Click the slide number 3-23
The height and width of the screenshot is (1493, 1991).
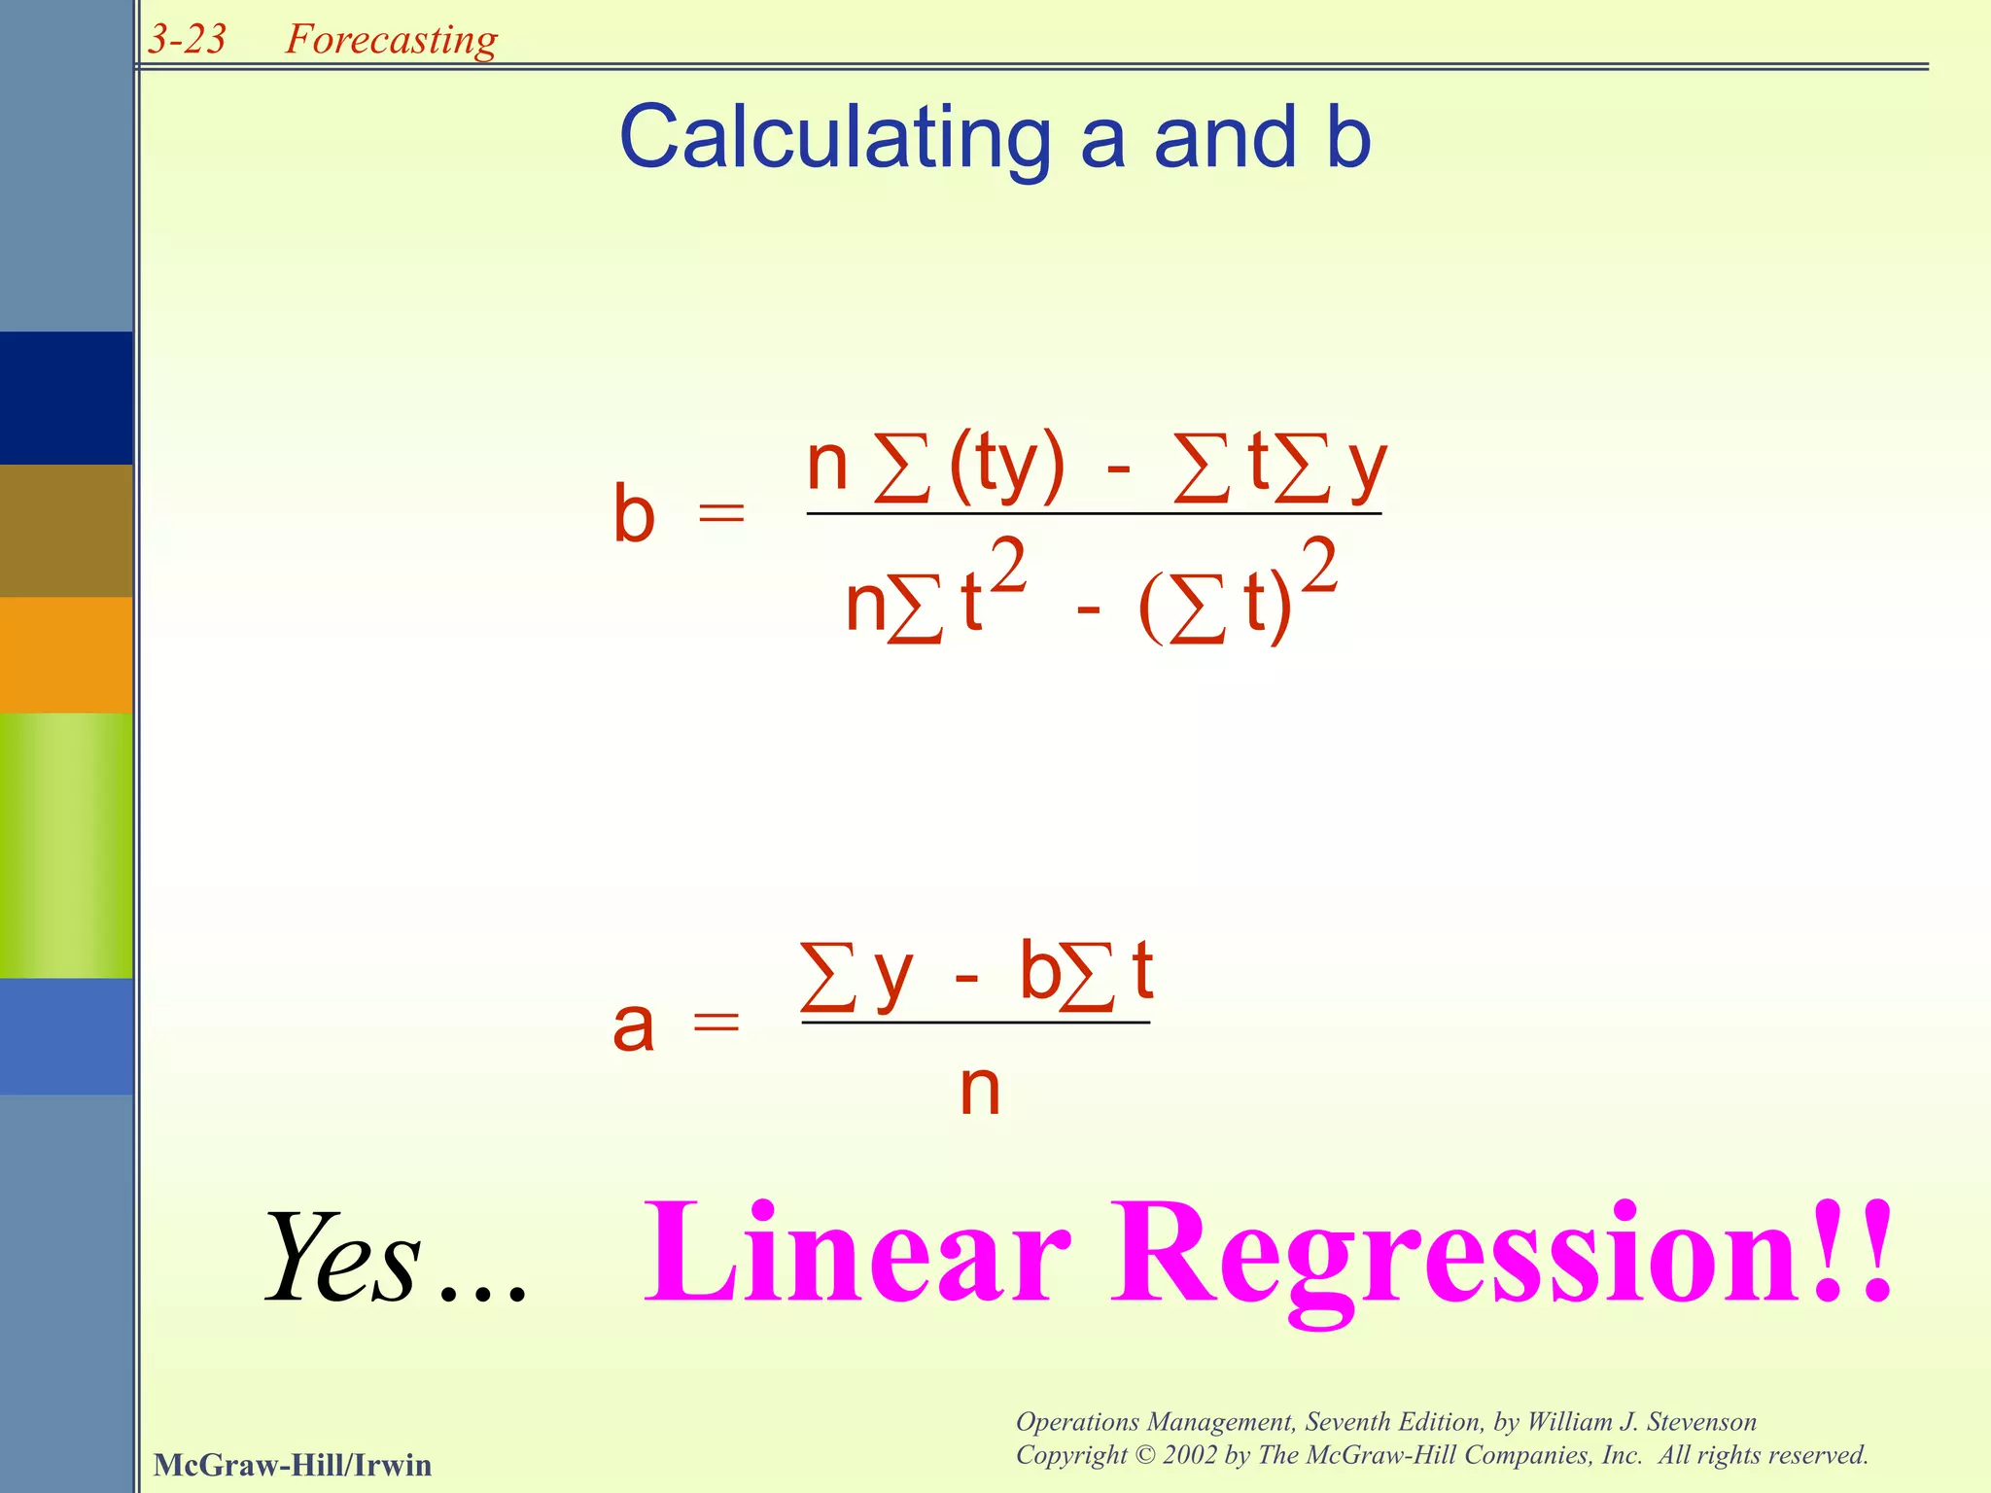187,39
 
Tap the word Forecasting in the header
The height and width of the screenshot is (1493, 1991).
391,40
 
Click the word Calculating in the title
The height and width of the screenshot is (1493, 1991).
835,138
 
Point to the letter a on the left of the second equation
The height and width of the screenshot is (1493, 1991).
633,1025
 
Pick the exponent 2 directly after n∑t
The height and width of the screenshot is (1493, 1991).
1008,568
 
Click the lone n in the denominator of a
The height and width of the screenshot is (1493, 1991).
979,1090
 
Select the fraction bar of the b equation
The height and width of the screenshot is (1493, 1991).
1094,513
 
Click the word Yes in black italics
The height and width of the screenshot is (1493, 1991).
342,1258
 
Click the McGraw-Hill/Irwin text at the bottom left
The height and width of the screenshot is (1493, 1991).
293,1464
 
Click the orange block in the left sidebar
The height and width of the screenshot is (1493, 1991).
66,654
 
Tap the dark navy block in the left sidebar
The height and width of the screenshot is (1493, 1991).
66,398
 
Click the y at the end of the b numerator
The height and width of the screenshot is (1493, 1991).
1367,467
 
